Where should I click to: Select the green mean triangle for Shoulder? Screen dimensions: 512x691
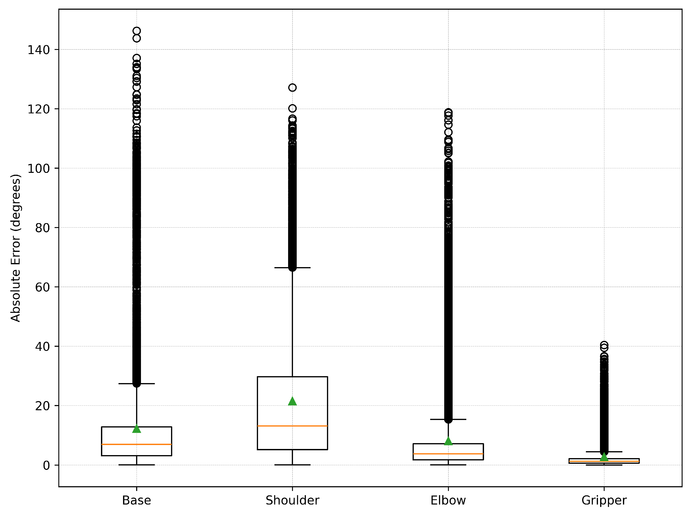pyautogui.click(x=292, y=402)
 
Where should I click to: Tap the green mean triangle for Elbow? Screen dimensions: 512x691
pyautogui.click(x=448, y=441)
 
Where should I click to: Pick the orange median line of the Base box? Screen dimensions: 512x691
pyautogui.click(x=137, y=444)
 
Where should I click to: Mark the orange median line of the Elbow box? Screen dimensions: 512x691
pyautogui.click(x=448, y=454)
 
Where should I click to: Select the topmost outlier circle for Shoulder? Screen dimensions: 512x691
pyautogui.click(x=292, y=88)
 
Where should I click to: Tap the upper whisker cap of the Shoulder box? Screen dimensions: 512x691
pyautogui.click(x=292, y=268)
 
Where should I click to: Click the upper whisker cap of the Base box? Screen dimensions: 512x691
pyautogui.click(x=137, y=384)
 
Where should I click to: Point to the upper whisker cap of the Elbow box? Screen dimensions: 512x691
pyautogui.click(x=448, y=419)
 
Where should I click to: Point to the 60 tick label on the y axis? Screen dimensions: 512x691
pyautogui.click(x=42, y=287)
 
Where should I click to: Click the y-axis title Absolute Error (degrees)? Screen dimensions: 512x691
pyautogui.click(x=16, y=248)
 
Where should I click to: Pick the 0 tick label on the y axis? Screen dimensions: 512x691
pyautogui.click(x=46, y=465)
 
